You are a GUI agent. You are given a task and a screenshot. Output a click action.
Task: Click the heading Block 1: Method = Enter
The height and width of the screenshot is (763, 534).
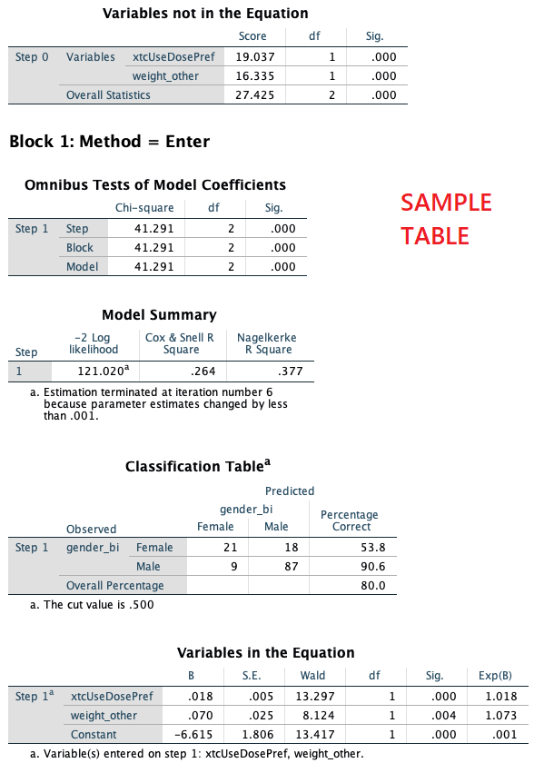point(109,142)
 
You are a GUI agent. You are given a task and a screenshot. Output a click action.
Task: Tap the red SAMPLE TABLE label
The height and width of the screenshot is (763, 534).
point(446,219)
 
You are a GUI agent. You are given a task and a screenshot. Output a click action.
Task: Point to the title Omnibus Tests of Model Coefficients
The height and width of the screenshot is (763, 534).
point(155,185)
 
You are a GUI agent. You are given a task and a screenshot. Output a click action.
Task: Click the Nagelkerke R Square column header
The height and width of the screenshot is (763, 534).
point(266,343)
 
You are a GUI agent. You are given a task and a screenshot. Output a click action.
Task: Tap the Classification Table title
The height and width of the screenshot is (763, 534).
point(198,467)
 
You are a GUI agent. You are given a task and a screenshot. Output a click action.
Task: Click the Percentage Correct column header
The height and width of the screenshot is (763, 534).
point(350,520)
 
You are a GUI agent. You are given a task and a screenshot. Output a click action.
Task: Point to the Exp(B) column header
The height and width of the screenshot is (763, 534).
point(495,676)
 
